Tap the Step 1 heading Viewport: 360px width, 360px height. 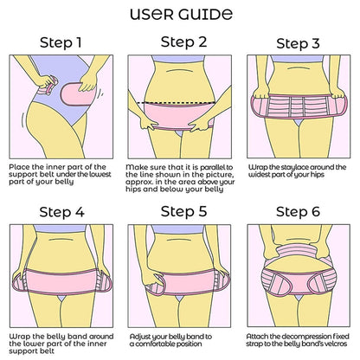coord(61,42)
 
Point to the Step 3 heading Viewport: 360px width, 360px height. coord(299,43)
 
